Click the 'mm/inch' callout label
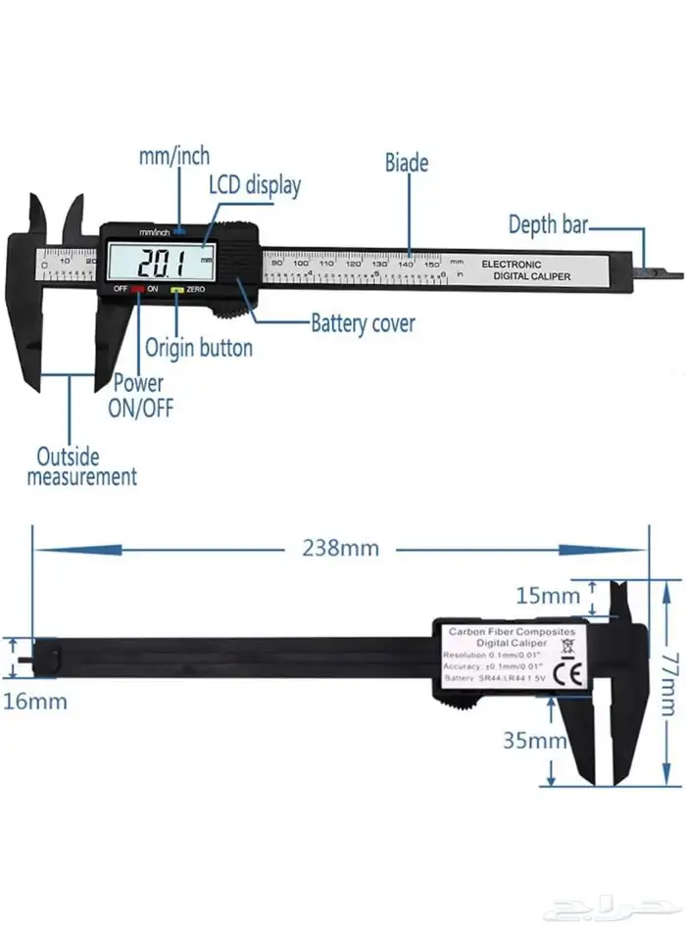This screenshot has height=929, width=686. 173,156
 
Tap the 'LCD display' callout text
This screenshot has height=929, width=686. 254,184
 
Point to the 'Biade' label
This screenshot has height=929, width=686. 406,163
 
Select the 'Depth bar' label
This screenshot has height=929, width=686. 547,224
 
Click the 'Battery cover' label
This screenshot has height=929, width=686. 363,322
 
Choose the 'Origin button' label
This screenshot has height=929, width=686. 199,347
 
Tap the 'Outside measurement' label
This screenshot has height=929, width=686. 81,466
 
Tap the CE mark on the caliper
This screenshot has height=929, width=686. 566,674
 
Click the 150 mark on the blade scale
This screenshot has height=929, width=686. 430,263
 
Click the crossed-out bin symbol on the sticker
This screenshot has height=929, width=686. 565,649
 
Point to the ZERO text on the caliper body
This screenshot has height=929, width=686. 194,290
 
